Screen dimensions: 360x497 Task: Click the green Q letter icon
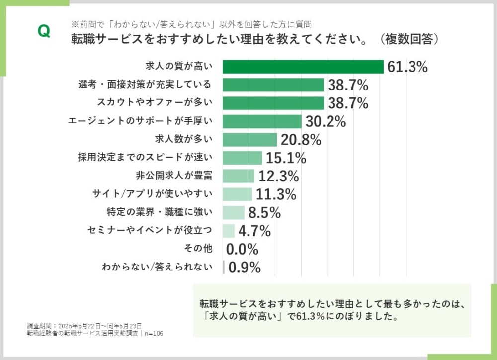point(44,31)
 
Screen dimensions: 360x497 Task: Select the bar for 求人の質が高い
point(303,67)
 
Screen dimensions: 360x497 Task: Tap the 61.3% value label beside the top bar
point(407,67)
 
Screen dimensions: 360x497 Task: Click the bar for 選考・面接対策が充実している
point(273,85)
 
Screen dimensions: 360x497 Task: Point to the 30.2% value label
point(326,121)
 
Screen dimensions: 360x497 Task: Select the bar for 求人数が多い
point(249,140)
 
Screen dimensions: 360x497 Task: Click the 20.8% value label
point(301,140)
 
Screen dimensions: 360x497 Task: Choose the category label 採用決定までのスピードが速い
point(145,158)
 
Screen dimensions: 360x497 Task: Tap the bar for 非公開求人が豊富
point(238,176)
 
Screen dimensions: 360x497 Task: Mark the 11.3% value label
point(276,194)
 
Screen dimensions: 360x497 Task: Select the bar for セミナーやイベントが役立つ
point(228,231)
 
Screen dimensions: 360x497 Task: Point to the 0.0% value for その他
point(242,249)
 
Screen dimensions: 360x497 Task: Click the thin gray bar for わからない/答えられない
point(224,267)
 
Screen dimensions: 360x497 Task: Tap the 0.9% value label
point(244,268)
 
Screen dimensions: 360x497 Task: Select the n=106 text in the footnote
point(154,333)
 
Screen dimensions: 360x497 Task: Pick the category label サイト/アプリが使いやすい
point(152,194)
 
